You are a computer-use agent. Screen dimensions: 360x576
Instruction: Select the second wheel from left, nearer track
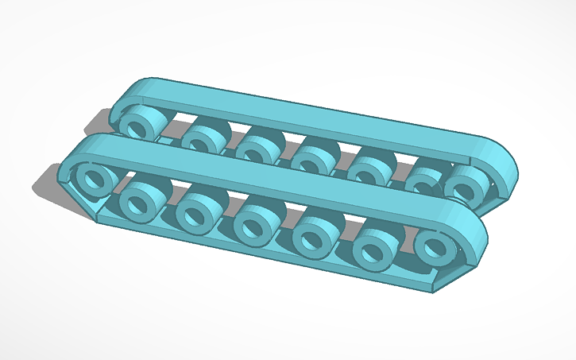[x=143, y=200]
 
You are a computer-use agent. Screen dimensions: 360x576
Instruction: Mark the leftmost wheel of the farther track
[x=143, y=125]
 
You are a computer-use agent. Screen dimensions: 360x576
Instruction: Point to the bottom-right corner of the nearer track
[x=433, y=291]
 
